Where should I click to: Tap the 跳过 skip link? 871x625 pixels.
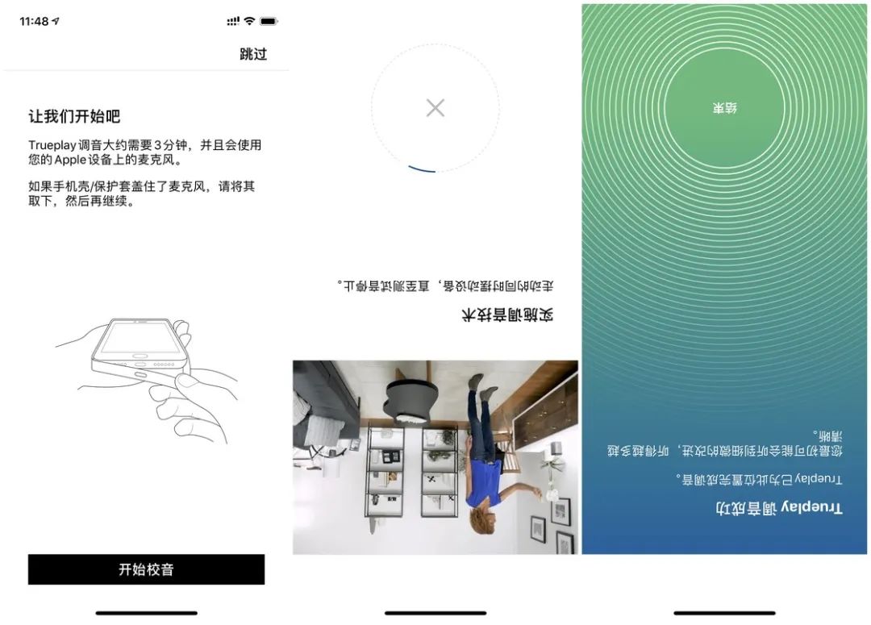tap(253, 54)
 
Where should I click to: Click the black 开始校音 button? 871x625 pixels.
tap(146, 569)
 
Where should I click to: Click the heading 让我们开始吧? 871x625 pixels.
tap(74, 116)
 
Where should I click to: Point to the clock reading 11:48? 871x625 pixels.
tap(34, 21)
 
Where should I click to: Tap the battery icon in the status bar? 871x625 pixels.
tap(269, 21)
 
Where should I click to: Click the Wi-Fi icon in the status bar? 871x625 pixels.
tap(249, 21)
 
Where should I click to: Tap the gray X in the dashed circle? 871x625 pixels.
tap(435, 108)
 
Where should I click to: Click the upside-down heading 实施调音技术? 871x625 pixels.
tap(507, 315)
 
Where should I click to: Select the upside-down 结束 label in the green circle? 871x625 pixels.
tap(725, 108)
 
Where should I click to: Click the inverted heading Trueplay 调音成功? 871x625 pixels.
tap(779, 507)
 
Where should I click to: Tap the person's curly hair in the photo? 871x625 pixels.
tap(481, 523)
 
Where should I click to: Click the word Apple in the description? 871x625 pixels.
tap(70, 160)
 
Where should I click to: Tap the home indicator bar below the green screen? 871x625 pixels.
tap(724, 613)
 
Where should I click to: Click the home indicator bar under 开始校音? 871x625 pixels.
tap(146, 613)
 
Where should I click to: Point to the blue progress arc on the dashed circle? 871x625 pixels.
tap(422, 169)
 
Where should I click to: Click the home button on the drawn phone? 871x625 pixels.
tap(140, 356)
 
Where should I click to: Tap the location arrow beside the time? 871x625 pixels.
tap(56, 21)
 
